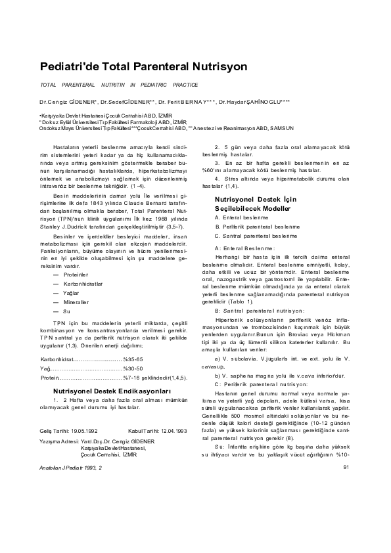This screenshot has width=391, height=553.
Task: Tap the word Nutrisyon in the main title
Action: [216, 67]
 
